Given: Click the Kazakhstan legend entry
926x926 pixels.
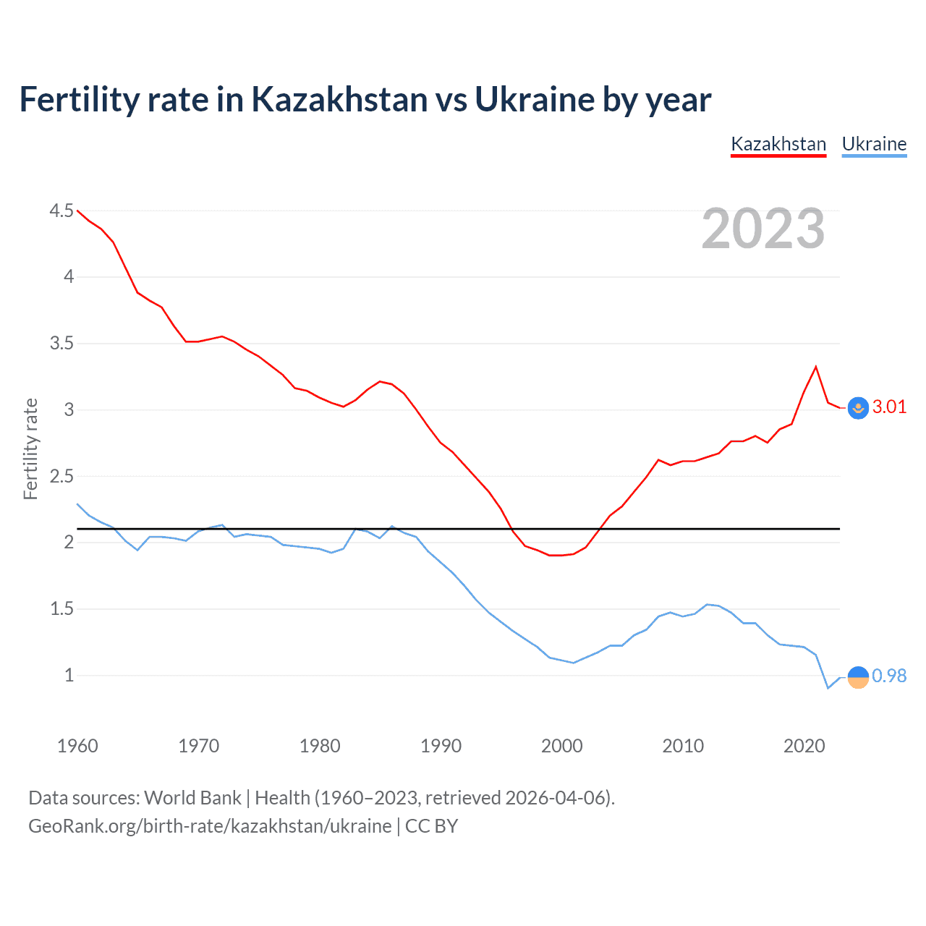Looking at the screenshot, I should pos(778,144).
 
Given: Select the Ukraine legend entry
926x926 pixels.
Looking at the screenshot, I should pos(874,144).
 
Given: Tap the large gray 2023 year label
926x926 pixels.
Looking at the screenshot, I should pos(763,229).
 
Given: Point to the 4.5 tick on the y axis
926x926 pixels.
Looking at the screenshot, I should pos(61,211).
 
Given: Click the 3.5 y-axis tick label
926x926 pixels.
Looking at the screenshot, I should pos(61,343).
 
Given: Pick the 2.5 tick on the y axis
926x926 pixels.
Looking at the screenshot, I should pos(61,476).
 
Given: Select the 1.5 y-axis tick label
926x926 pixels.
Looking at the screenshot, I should pos(61,608).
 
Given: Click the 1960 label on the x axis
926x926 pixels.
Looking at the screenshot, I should pos(77,746).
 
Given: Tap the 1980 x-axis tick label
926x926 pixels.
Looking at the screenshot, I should pos(320,746).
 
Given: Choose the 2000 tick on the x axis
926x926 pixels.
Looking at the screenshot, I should pos(561,746).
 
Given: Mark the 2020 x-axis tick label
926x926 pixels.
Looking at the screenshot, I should pos(804,746).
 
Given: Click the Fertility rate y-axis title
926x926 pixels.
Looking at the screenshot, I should pos(30,449).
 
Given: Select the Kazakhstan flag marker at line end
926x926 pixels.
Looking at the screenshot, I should pos(858,408).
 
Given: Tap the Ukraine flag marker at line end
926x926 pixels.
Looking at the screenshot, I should pos(858,677).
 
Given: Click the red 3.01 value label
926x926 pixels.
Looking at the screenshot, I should pos(889,407).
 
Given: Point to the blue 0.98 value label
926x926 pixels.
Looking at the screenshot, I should pos(889,676).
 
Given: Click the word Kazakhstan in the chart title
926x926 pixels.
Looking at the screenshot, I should pos(339,99).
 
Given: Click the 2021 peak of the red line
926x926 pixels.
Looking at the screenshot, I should pos(816,367).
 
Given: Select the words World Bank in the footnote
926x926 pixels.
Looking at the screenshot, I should pos(192,798).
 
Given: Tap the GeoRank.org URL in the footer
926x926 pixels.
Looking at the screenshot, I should pos(210,826).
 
